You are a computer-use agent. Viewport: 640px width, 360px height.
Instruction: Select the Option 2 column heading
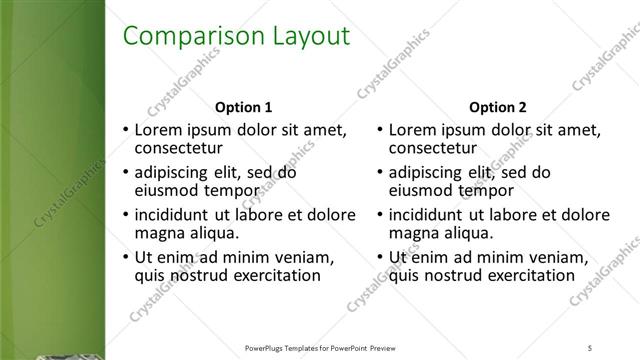click(497, 107)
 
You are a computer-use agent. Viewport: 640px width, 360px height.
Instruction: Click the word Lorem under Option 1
click(158, 129)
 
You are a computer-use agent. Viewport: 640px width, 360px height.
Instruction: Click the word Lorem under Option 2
click(412, 129)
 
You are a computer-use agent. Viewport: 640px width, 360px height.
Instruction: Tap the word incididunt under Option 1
click(178, 214)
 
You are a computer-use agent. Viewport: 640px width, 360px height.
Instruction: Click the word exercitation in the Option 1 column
click(272, 275)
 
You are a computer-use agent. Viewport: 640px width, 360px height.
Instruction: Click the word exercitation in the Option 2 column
click(526, 275)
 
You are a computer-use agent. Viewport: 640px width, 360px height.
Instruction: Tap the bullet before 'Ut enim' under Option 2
click(380, 257)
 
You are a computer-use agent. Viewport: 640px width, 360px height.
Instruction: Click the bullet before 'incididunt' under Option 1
click(125, 214)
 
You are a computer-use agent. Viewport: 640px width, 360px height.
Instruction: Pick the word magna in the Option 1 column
click(157, 233)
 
